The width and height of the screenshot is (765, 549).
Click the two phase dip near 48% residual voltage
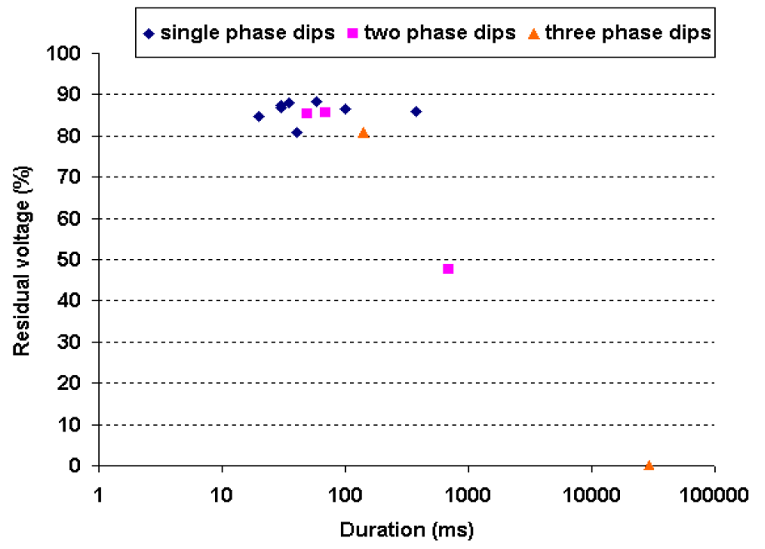click(448, 269)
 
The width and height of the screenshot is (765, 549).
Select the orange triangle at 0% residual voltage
click(648, 465)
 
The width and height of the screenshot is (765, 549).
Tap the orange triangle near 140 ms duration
click(363, 132)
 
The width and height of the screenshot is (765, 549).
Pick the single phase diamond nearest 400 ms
click(416, 112)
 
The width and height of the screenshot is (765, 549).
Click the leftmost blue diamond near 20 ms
click(258, 117)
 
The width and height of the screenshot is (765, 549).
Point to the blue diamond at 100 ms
click(345, 109)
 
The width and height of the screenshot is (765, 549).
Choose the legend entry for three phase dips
click(621, 33)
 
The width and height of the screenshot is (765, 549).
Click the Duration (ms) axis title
click(407, 528)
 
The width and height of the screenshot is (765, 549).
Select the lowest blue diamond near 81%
click(297, 132)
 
